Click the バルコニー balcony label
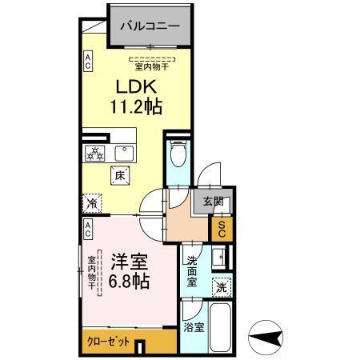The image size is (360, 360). [x=150, y=26]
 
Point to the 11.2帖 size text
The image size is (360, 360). [x=135, y=106]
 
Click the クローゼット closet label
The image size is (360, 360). [x=108, y=342]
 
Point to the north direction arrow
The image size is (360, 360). [x=268, y=336]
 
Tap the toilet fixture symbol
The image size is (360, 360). [x=177, y=153]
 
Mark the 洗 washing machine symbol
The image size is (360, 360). [x=220, y=286]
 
